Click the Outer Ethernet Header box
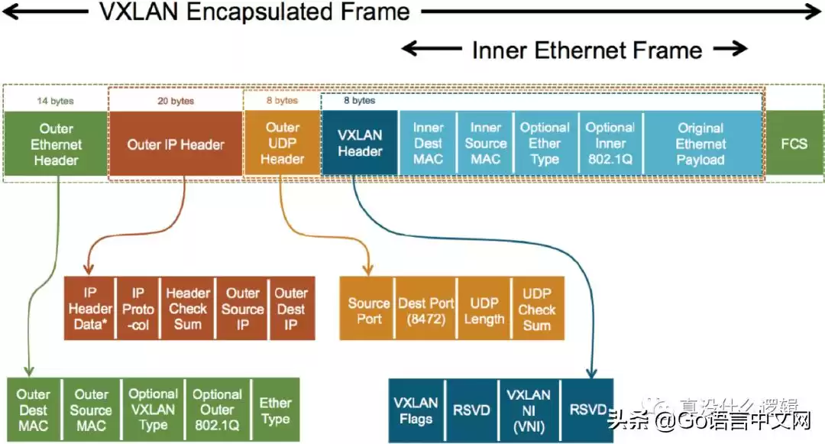[x=56, y=144]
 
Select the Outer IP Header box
[x=176, y=144]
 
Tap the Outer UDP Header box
[x=282, y=143]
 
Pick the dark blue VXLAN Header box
[x=360, y=143]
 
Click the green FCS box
[x=794, y=143]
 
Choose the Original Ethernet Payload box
[x=700, y=144]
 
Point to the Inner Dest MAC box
[x=428, y=144]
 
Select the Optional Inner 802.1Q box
[x=610, y=144]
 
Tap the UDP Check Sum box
[x=537, y=310]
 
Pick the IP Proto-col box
[x=138, y=310]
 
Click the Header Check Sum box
[x=188, y=310]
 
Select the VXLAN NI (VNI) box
[x=529, y=410]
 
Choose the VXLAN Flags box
[x=416, y=410]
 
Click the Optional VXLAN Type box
[x=153, y=410]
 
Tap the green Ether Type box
[x=275, y=410]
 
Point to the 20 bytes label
[x=176, y=100]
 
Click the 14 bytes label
[x=55, y=100]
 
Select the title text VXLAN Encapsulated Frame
[x=254, y=11]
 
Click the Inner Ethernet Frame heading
[x=587, y=50]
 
